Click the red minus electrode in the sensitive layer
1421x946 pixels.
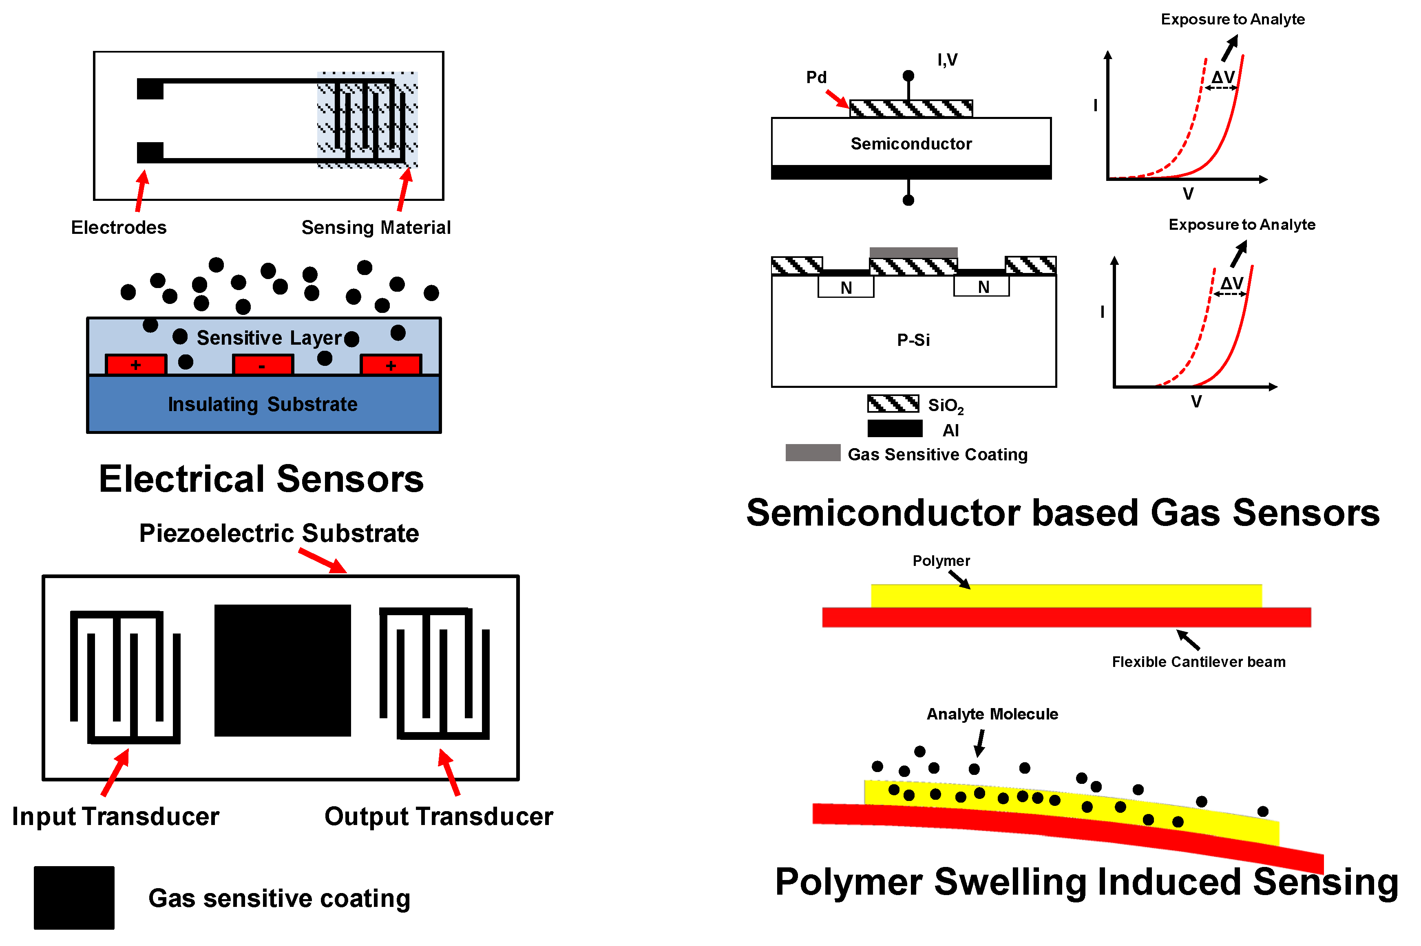[x=263, y=364]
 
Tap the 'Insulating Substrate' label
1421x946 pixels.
[x=263, y=404]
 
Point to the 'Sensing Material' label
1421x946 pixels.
[x=376, y=227]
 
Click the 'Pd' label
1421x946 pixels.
[x=816, y=77]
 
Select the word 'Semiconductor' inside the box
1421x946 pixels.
[x=911, y=143]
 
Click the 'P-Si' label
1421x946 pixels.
[x=913, y=340]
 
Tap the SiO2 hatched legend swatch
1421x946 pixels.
[x=893, y=403]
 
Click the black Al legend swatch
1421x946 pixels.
[x=895, y=428]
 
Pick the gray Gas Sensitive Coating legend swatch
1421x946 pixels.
[x=813, y=453]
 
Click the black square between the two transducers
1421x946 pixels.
[x=283, y=670]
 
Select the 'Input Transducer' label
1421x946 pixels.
[x=115, y=816]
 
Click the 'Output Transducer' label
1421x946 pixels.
[x=439, y=816]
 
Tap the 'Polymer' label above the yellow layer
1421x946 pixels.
[x=941, y=561]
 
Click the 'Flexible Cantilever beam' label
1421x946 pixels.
[x=1198, y=662]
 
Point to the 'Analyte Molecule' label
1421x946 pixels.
[x=992, y=714]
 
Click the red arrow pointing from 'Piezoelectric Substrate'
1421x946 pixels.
[x=323, y=561]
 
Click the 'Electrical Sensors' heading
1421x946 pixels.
[x=261, y=479]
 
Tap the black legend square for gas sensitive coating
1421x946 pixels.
[x=74, y=898]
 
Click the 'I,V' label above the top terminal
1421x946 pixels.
[x=947, y=60]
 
